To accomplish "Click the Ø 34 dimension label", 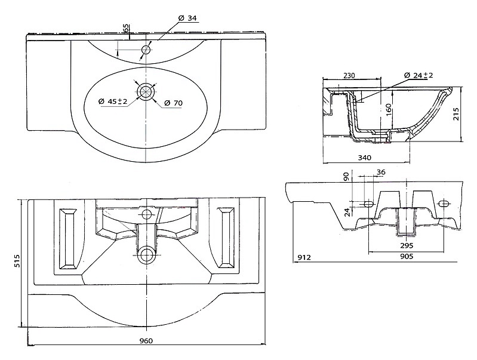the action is [x=187, y=19].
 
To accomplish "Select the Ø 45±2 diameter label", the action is [x=113, y=101].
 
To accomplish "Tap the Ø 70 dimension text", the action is [x=173, y=103].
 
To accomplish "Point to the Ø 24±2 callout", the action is [x=418, y=75].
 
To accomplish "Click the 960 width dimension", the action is [x=146, y=340].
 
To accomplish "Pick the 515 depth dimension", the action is [x=17, y=261].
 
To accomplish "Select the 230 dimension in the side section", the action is [x=349, y=75].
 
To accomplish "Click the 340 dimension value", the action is [x=364, y=158].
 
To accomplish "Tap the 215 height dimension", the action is [x=456, y=114].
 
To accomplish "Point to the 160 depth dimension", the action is [x=388, y=110].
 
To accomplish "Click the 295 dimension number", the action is [x=407, y=245].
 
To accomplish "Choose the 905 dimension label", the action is [x=407, y=256].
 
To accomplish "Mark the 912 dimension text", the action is [x=304, y=257].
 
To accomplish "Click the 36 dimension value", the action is [x=381, y=173].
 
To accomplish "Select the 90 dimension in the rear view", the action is [x=346, y=177].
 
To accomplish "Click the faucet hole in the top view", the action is [x=147, y=50].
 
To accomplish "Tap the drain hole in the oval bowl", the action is [x=147, y=91].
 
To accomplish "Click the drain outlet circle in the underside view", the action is [x=147, y=254].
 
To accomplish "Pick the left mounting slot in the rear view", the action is [x=368, y=203].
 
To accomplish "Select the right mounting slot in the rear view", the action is [x=444, y=203].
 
